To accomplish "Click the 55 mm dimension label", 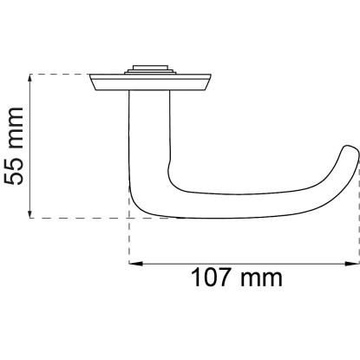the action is (x=13, y=146).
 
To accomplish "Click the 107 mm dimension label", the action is (x=237, y=278).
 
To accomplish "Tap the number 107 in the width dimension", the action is (x=211, y=278).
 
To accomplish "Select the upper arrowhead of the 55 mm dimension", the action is (x=29, y=80).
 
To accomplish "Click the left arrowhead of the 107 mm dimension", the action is (x=135, y=264).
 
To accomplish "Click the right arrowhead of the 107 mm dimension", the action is (x=353, y=264).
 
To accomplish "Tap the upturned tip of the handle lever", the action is (x=350, y=151).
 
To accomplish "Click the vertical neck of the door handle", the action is (x=149, y=130).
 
